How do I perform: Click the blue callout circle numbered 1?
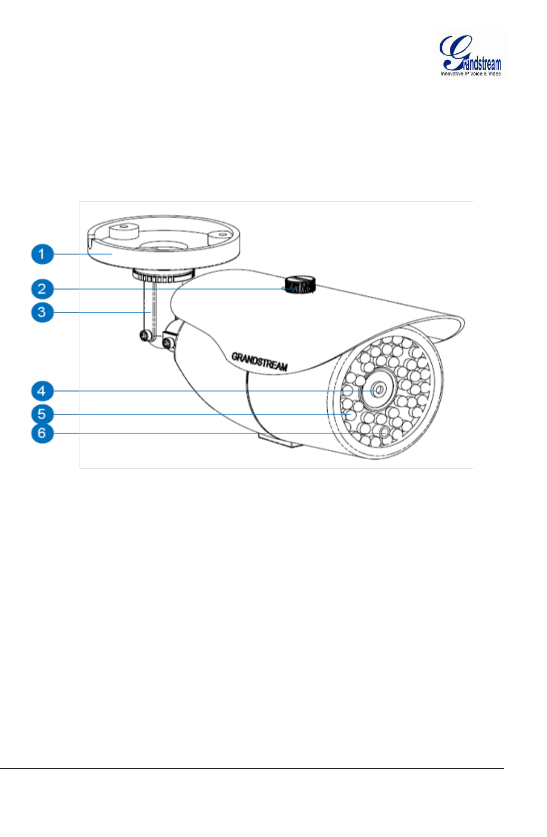pyautogui.click(x=42, y=254)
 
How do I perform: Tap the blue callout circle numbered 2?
pyautogui.click(x=42, y=289)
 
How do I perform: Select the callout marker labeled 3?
pyautogui.click(x=42, y=312)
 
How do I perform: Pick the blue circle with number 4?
pyautogui.click(x=42, y=391)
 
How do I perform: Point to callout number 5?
pyautogui.click(x=42, y=414)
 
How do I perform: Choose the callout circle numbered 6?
pyautogui.click(x=42, y=433)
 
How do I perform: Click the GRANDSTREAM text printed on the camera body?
pyautogui.click(x=259, y=361)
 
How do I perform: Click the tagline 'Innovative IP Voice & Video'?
pyautogui.click(x=470, y=74)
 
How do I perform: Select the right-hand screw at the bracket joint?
pyautogui.click(x=168, y=344)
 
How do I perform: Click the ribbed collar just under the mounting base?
pyautogui.click(x=162, y=276)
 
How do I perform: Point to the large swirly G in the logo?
pyautogui.click(x=453, y=52)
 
